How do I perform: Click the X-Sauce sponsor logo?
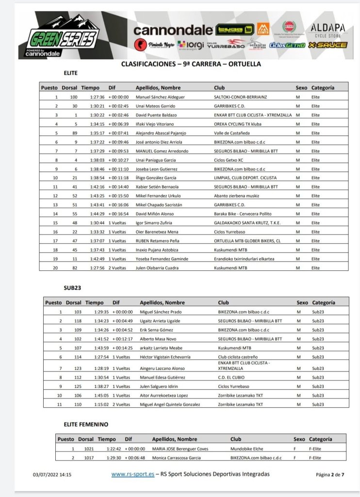point(328,45)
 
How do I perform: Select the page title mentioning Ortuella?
point(191,64)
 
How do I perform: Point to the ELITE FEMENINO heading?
point(86,424)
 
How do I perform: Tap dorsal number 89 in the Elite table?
point(75,133)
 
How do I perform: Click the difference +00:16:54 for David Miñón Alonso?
point(118,214)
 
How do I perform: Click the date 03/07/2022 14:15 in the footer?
point(52,475)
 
